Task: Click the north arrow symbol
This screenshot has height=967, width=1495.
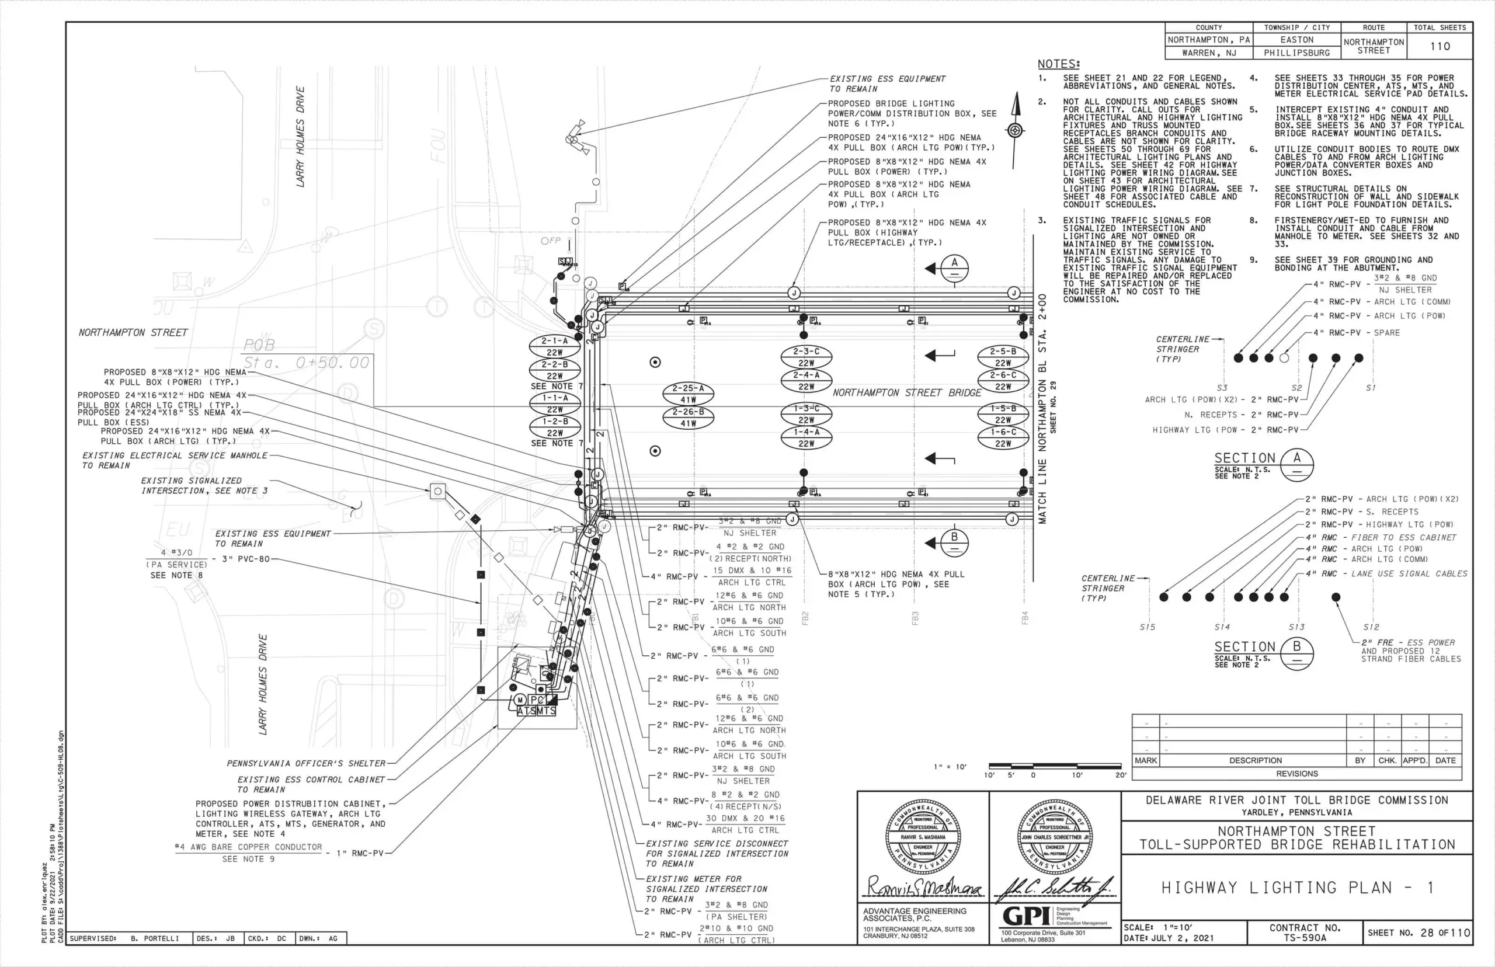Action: click(x=1014, y=130)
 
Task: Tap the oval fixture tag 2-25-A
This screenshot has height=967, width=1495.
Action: click(x=688, y=394)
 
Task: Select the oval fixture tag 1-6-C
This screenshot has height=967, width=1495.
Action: click(x=1003, y=438)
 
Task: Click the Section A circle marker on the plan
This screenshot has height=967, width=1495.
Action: click(x=954, y=268)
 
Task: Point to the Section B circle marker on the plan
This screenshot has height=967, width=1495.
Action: click(x=954, y=542)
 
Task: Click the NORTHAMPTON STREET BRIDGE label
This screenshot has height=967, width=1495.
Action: click(x=907, y=393)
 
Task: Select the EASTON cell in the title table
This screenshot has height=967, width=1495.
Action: click(x=1296, y=40)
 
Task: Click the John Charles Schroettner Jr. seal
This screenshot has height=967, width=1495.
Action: click(x=1054, y=837)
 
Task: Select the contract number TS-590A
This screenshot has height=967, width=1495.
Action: click(x=1305, y=937)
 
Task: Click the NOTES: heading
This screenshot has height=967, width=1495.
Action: click(x=1059, y=64)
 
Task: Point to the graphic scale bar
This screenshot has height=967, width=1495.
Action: click(x=1055, y=766)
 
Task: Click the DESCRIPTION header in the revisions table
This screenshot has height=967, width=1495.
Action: click(x=1255, y=760)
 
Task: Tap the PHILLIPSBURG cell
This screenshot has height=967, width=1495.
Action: click(x=1296, y=53)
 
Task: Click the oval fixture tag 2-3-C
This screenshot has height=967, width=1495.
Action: click(x=806, y=357)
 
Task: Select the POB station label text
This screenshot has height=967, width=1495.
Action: click(x=306, y=354)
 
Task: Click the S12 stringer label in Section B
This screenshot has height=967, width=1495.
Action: click(x=1371, y=627)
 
